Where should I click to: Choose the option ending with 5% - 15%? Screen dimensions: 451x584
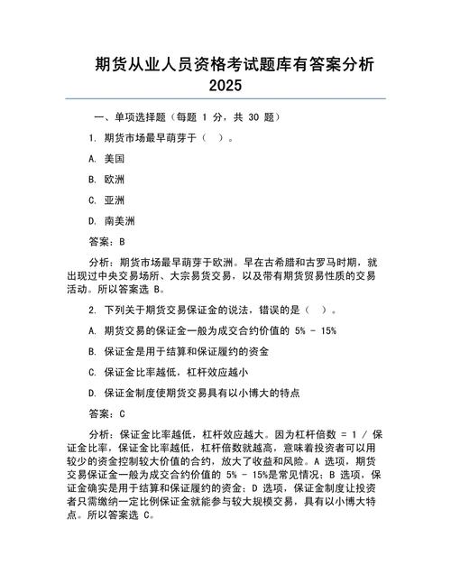pyautogui.click(x=213, y=330)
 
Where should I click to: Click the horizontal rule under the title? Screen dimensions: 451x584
pyautogui.click(x=225, y=98)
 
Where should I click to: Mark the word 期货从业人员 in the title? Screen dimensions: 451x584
pyautogui.click(x=138, y=65)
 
